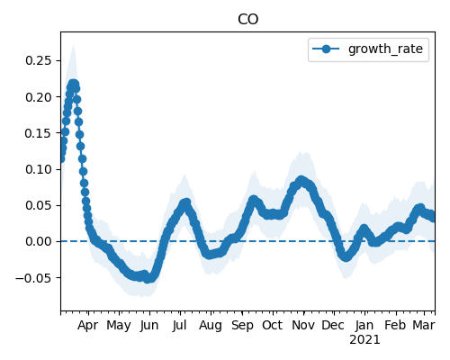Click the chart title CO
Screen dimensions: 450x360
pos(247,20)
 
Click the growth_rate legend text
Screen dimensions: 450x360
pos(385,49)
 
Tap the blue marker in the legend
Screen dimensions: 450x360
pos(326,49)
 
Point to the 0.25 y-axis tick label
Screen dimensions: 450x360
pos(39,60)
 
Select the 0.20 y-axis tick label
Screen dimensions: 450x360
pos(39,97)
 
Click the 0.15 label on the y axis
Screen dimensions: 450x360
pos(39,133)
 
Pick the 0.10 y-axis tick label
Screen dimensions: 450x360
pos(39,169)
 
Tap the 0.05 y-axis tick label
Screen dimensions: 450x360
pos(39,205)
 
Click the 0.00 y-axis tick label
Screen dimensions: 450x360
pos(39,241)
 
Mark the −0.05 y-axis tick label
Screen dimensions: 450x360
pos(33,278)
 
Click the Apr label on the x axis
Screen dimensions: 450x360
pos(88,326)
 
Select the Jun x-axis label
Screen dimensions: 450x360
pos(149,326)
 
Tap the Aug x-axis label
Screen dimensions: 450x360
pos(211,326)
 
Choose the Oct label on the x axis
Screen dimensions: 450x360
pos(273,325)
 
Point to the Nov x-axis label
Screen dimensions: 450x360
pos(303,325)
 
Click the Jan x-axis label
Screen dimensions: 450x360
pos(364,325)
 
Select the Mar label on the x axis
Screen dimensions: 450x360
pos(424,325)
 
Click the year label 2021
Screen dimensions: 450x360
pos(364,340)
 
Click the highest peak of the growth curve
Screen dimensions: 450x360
pos(73,84)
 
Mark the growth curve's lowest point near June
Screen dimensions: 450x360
pos(148,279)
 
